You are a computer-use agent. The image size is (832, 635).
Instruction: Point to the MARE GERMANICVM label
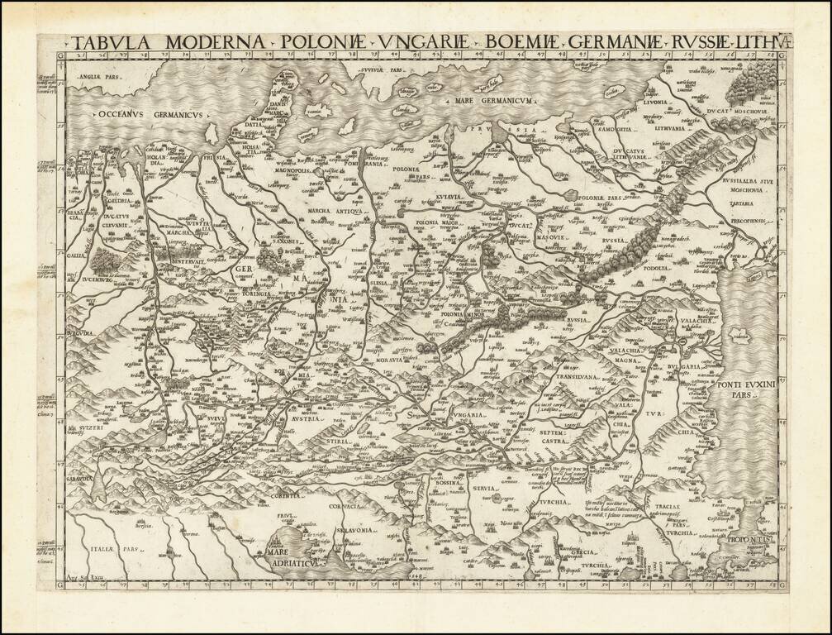pyautogui.click(x=493, y=101)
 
